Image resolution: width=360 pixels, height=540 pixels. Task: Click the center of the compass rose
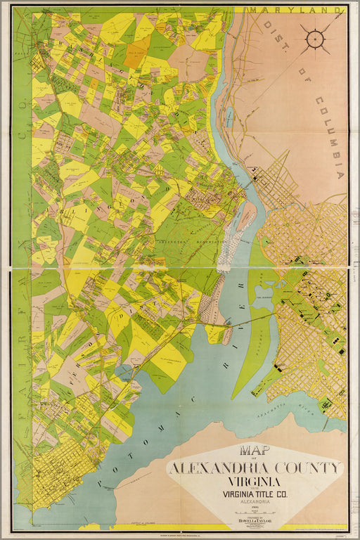tap(315, 38)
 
